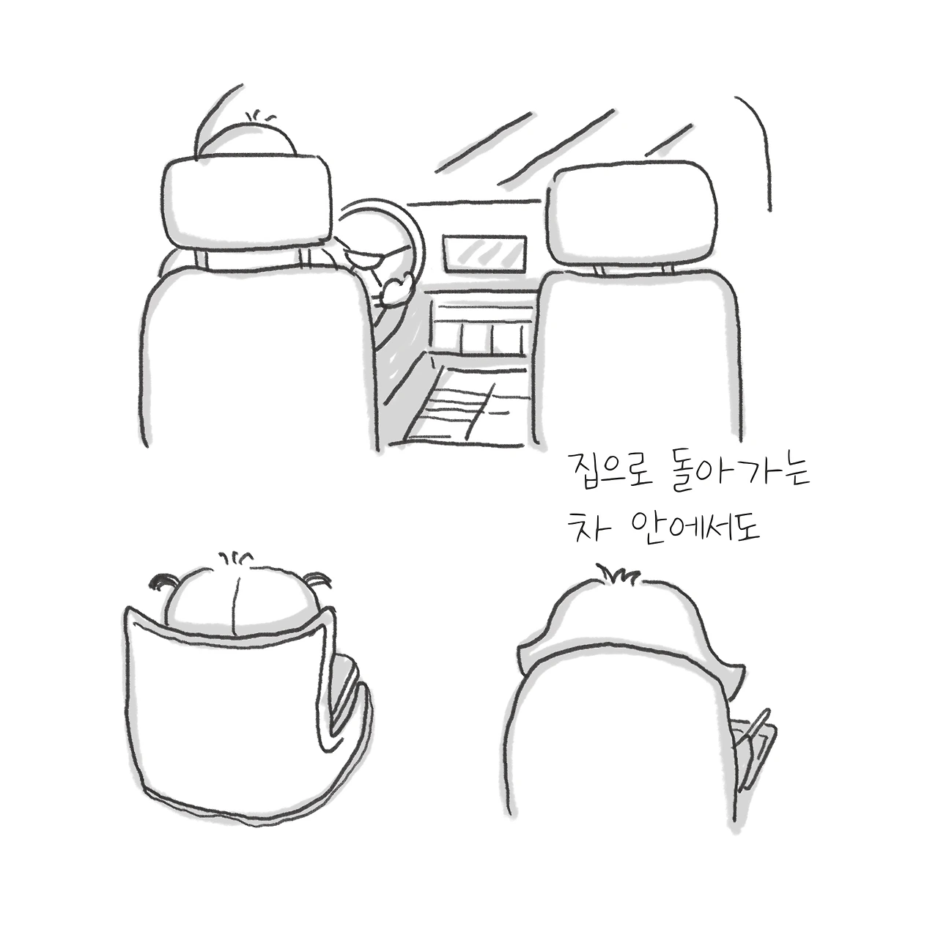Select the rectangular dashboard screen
coord(484,254)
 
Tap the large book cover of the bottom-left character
coord(225,715)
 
